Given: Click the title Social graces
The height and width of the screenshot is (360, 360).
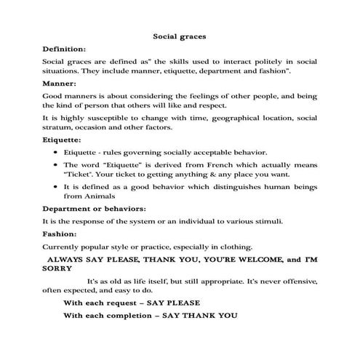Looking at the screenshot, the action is [x=180, y=34].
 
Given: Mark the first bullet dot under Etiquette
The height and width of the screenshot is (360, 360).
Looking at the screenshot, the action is [x=56, y=152].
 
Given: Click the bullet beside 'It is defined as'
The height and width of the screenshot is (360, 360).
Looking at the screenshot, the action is [x=56, y=187].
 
